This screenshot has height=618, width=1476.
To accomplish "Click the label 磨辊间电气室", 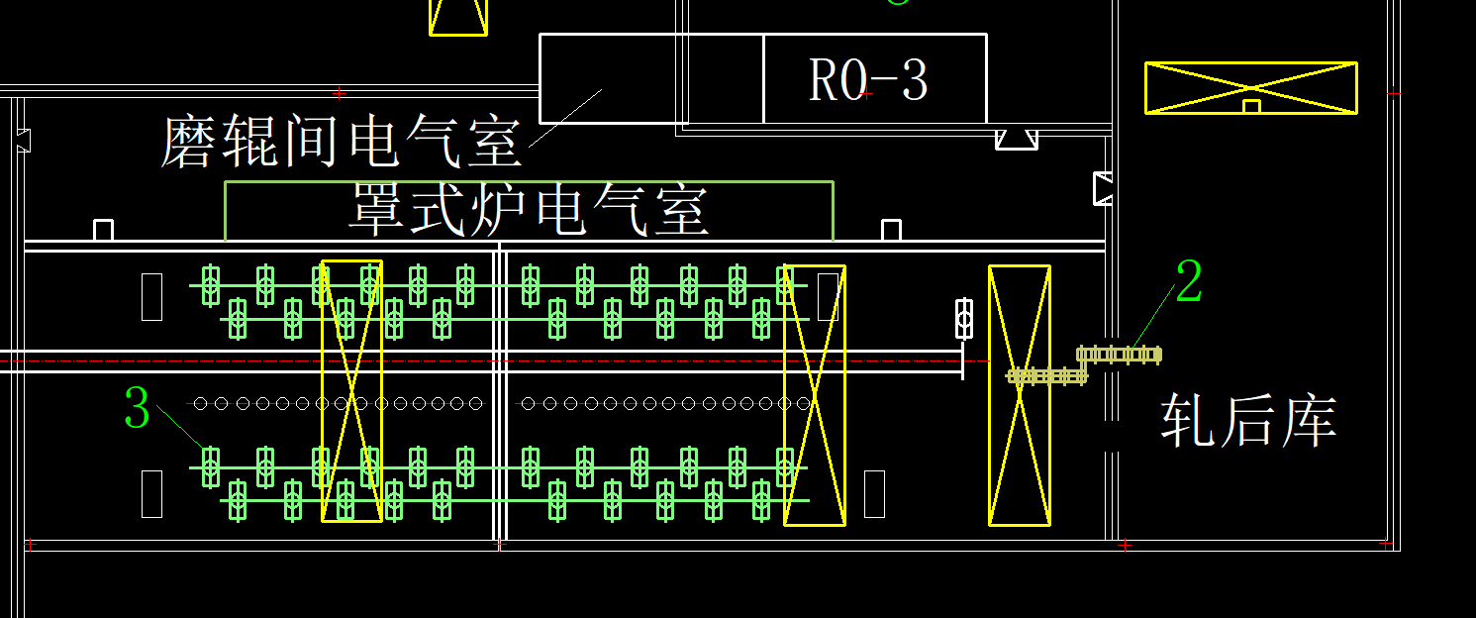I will pyautogui.click(x=342, y=141).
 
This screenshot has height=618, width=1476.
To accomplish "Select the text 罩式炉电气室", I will pyautogui.click(x=529, y=209).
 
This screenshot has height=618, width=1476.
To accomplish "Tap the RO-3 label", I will pyautogui.click(x=868, y=80).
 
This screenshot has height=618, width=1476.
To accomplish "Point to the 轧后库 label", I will pyautogui.click(x=1248, y=421).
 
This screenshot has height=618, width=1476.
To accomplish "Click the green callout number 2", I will pyautogui.click(x=1188, y=282).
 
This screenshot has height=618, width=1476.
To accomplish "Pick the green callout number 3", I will pyautogui.click(x=138, y=408).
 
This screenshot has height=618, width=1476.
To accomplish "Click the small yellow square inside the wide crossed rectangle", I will pyautogui.click(x=1251, y=106).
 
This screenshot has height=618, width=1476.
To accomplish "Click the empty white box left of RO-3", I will pyautogui.click(x=650, y=78).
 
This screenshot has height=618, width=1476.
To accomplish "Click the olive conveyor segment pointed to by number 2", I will pyautogui.click(x=1119, y=354).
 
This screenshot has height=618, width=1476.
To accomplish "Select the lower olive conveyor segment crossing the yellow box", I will pyautogui.click(x=1046, y=376).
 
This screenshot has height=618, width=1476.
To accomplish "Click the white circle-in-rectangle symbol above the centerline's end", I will pyautogui.click(x=963, y=318).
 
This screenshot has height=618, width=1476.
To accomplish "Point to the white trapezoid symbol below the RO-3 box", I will pyautogui.click(x=1016, y=140).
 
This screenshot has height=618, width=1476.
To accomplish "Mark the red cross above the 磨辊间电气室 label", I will pyautogui.click(x=340, y=93).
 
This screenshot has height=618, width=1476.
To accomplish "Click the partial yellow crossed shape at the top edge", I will pyautogui.click(x=458, y=17).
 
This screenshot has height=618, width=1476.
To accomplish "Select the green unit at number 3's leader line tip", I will pyautogui.click(x=210, y=465).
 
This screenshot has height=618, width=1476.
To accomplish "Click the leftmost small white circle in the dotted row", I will pyautogui.click(x=201, y=403).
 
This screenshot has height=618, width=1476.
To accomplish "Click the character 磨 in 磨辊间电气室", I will pyautogui.click(x=188, y=142).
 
